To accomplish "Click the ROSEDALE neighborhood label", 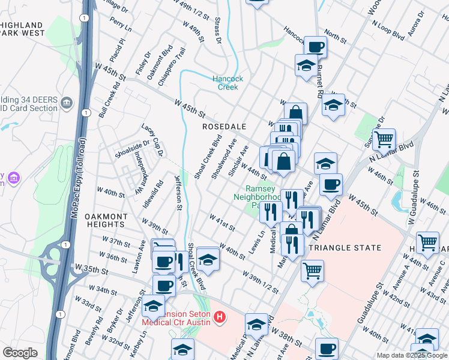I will click(224, 127).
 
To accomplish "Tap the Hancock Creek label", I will click(228, 83).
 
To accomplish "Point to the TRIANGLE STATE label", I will click(345, 247).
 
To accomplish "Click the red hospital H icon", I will click(220, 316).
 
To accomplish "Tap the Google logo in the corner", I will click(20, 353).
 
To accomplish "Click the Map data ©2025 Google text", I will click(412, 355).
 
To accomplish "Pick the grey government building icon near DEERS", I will click(67, 103).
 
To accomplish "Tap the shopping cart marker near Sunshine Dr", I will click(384, 139).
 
